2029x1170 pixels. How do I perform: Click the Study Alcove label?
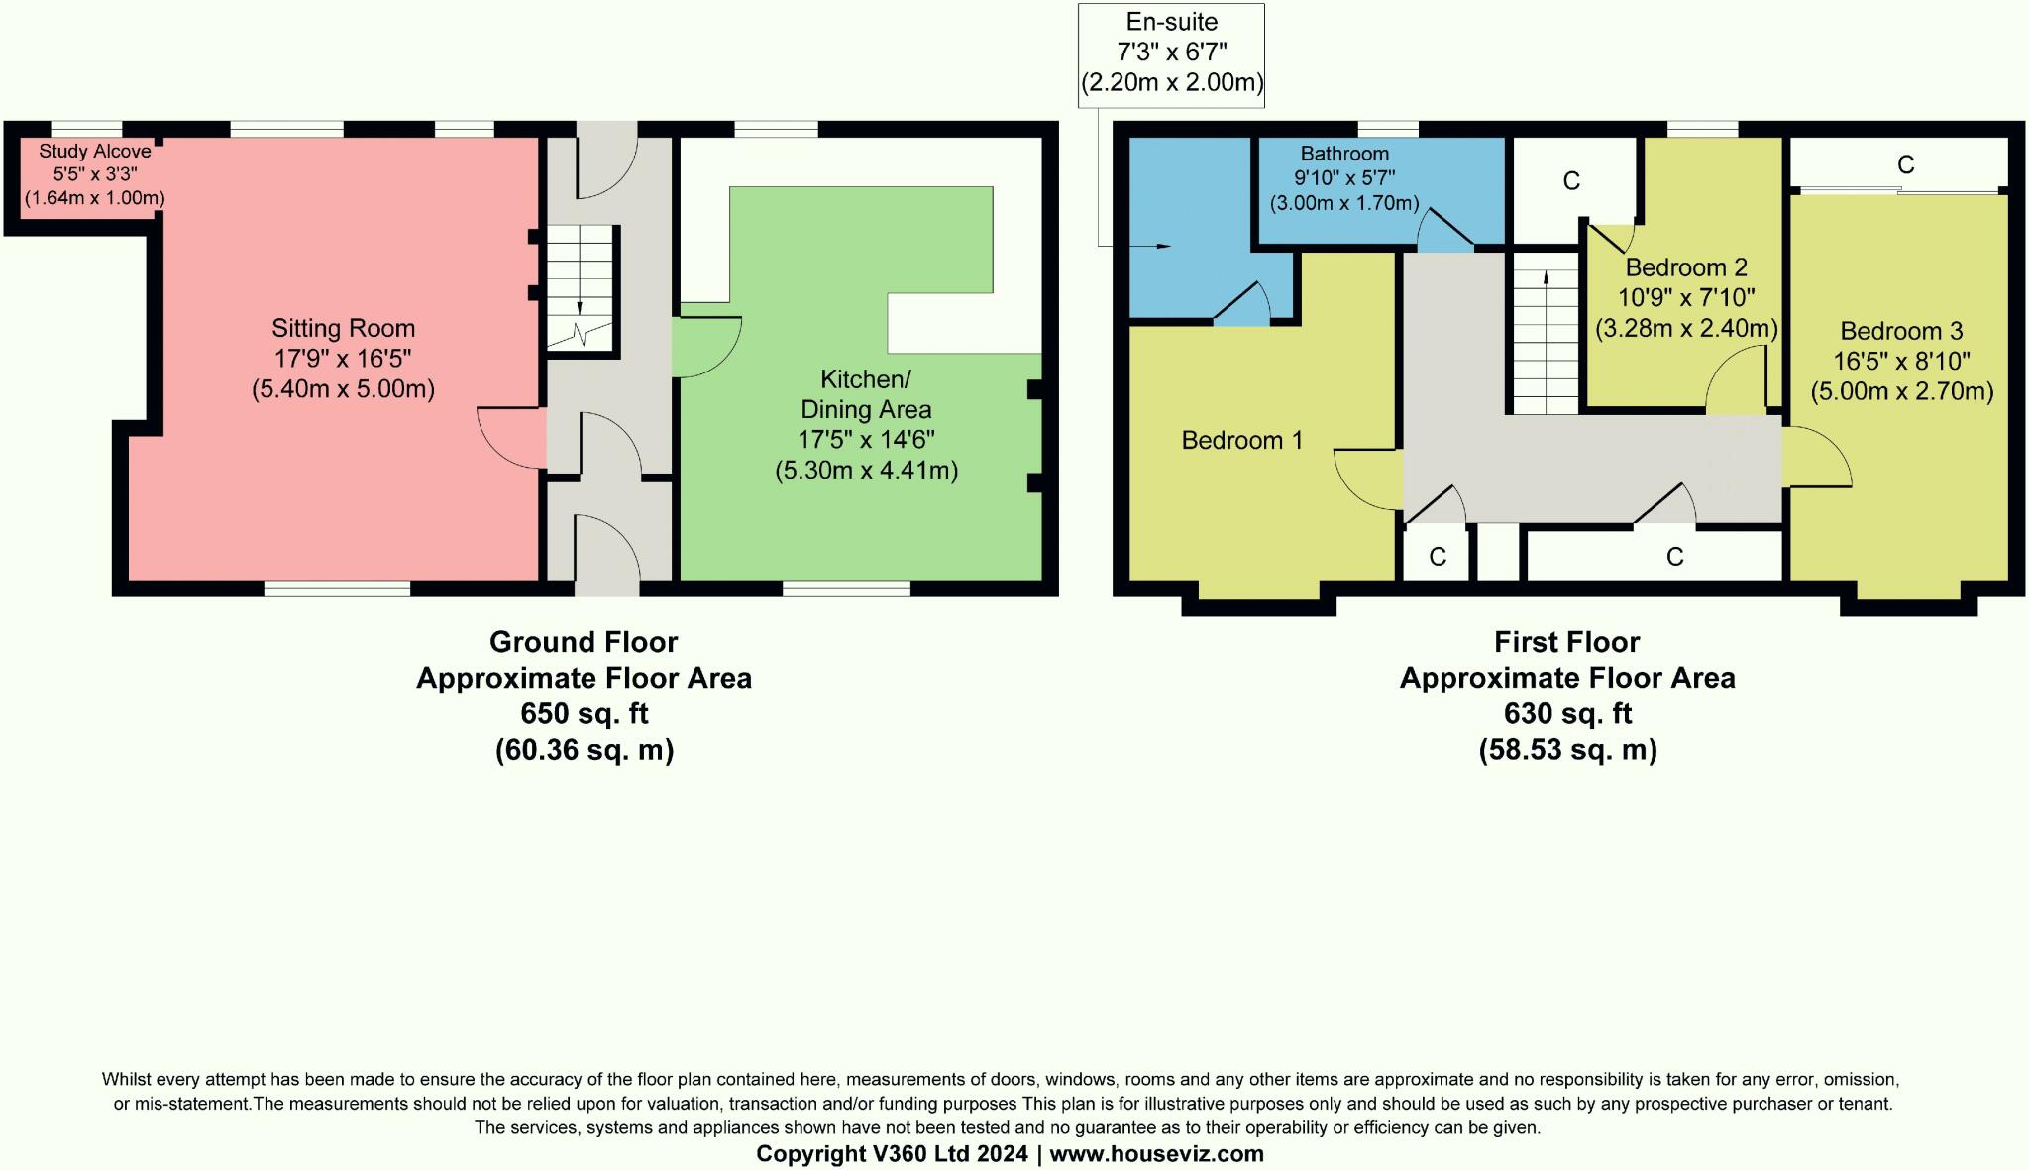pyautogui.click(x=94, y=152)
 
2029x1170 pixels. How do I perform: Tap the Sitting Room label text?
pyautogui.click(x=343, y=328)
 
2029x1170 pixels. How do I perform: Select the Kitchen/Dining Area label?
pyautogui.click(x=865, y=394)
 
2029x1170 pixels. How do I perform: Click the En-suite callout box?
pyautogui.click(x=1171, y=53)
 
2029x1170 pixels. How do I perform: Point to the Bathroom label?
pyautogui.click(x=1344, y=154)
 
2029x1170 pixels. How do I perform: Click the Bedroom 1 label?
pyautogui.click(x=1241, y=440)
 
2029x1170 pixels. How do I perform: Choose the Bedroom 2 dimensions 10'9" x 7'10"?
pyautogui.click(x=1686, y=297)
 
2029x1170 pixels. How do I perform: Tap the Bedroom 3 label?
pyautogui.click(x=1901, y=331)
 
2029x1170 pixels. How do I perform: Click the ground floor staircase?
pyautogui.click(x=583, y=287)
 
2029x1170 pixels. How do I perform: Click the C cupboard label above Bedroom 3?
pyautogui.click(x=1905, y=164)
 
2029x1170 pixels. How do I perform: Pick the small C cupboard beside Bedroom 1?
pyautogui.click(x=1437, y=557)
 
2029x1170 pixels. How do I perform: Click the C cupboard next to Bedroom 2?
pyautogui.click(x=1570, y=181)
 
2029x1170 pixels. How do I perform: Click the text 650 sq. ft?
pyautogui.click(x=584, y=713)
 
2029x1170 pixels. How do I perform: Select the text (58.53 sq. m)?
pyautogui.click(x=1567, y=750)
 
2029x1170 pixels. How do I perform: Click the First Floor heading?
pyautogui.click(x=1566, y=642)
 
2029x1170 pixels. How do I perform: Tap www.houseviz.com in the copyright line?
pyautogui.click(x=1156, y=1154)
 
